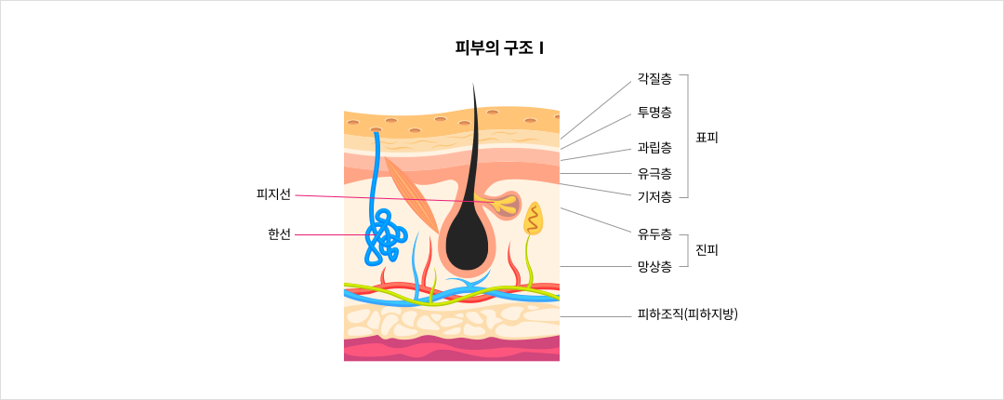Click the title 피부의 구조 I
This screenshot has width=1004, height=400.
(499, 48)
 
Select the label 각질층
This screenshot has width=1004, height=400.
(654, 78)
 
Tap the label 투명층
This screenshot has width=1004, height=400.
(654, 113)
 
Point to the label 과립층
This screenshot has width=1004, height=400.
(654, 148)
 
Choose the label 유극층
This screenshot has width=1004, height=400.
(654, 173)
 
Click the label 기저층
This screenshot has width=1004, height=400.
(654, 197)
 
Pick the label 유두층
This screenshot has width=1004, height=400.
(654, 234)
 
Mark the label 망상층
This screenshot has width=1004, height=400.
(654, 266)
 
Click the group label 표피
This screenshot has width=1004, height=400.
(707, 137)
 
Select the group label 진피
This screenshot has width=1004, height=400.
(707, 250)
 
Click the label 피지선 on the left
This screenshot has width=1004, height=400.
(273, 194)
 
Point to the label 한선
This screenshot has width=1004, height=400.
(279, 235)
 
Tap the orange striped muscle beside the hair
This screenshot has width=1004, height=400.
(411, 194)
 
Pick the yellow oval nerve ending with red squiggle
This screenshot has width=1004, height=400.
(534, 219)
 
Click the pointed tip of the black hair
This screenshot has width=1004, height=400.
(473, 84)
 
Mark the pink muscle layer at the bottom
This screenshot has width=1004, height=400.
(452, 348)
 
